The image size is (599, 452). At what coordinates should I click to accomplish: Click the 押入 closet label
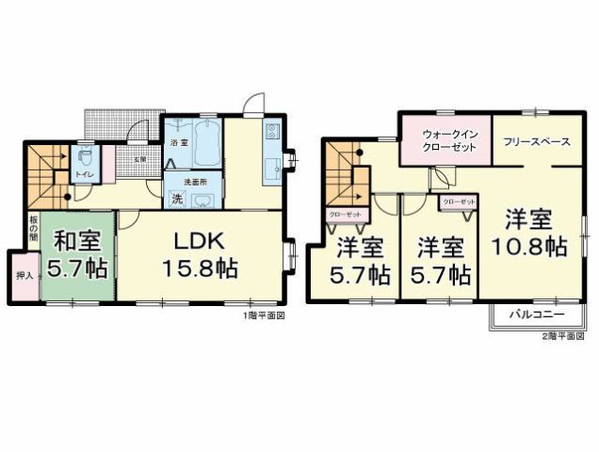point(24,278)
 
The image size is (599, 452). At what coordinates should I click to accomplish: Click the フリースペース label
point(536,141)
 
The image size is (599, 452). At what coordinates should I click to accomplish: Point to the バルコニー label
point(537,314)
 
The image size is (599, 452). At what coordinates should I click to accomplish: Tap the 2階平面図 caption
point(561,335)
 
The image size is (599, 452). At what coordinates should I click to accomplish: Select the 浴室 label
point(178,142)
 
